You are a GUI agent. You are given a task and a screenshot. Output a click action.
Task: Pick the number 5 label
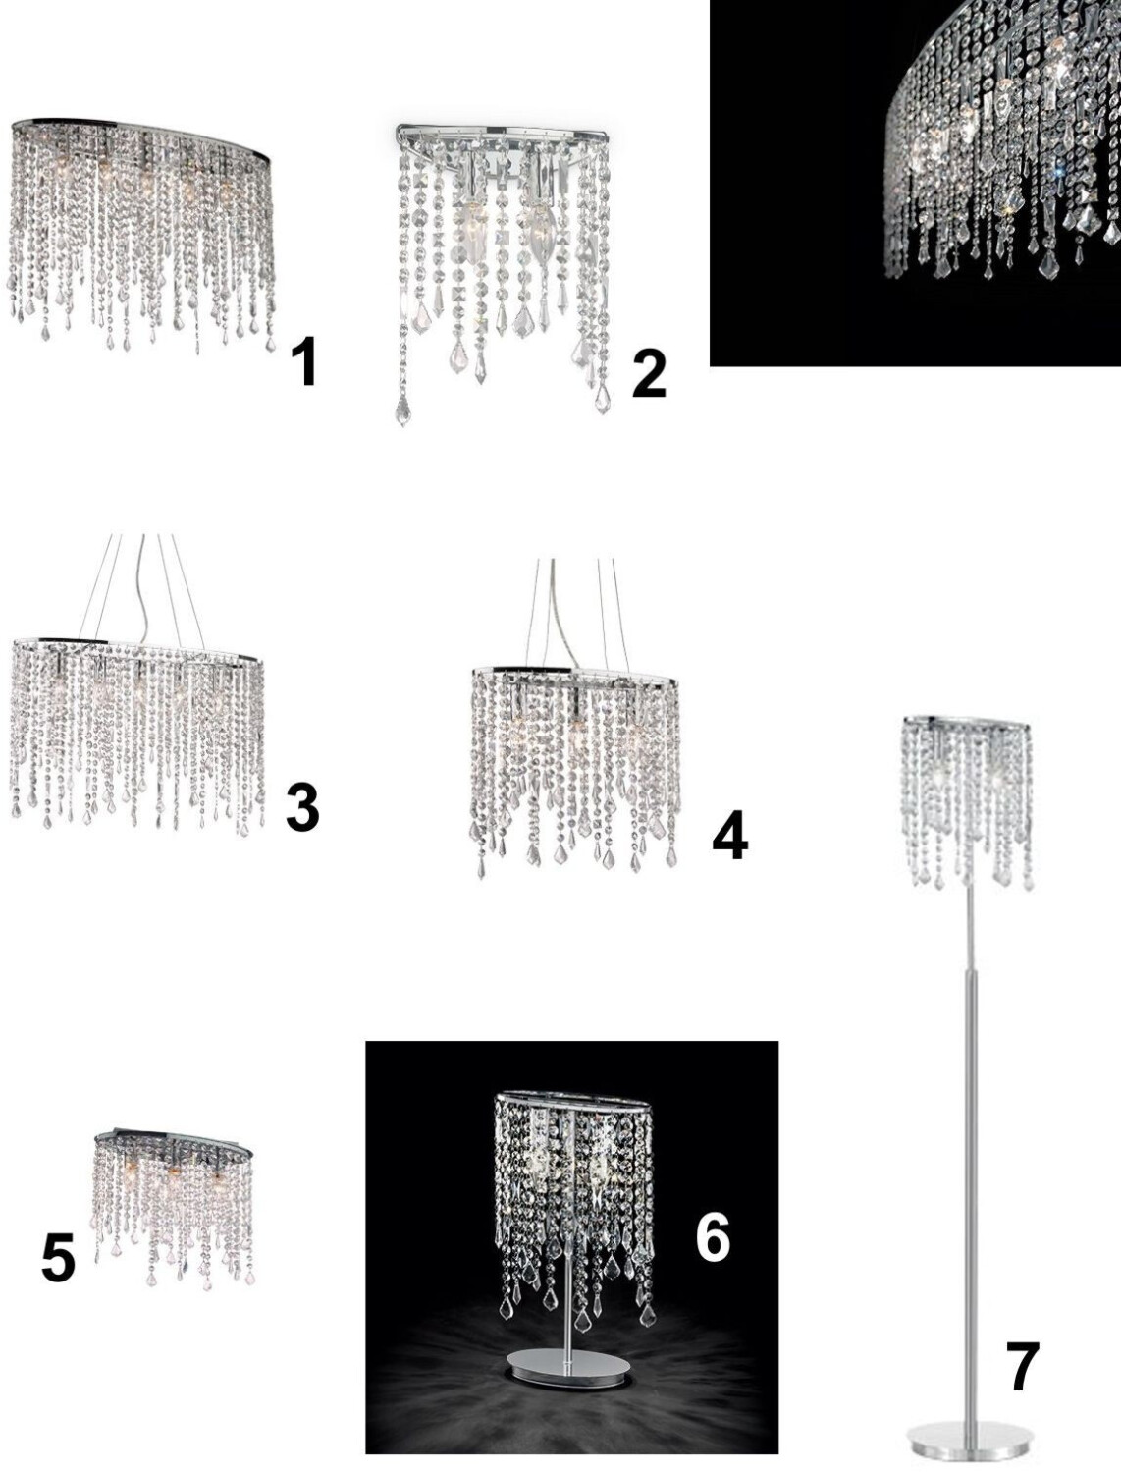(x=58, y=1259)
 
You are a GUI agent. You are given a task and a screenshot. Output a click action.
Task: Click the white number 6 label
(x=713, y=1237)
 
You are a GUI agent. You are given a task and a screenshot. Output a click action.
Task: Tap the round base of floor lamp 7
(x=970, y=1434)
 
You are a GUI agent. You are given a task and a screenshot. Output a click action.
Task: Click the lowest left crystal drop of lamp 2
(x=402, y=409)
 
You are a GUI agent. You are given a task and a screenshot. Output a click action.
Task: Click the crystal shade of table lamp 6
(x=573, y=1202)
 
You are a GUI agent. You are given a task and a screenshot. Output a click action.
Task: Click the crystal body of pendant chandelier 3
(x=137, y=735)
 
